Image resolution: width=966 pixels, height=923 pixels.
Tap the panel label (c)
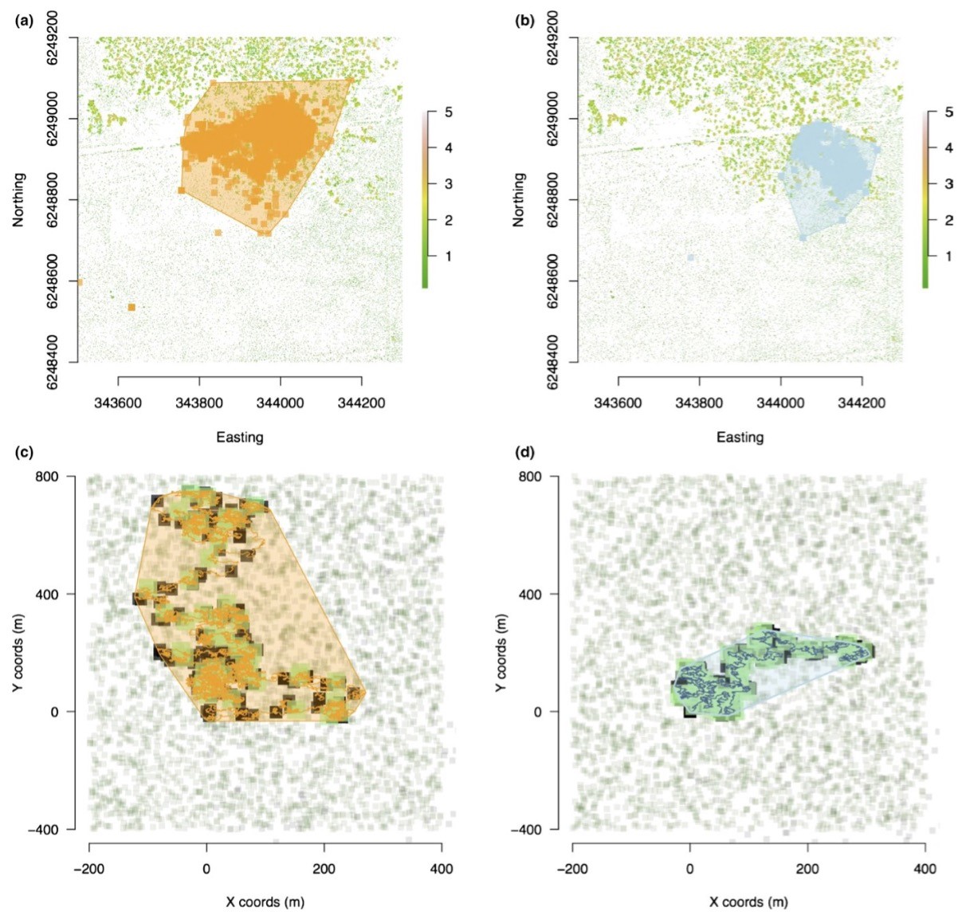point(24,454)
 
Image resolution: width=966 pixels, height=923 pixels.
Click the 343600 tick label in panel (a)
point(118,403)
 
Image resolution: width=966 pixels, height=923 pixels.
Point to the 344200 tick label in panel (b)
point(862,403)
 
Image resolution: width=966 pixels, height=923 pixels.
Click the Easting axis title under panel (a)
point(239,437)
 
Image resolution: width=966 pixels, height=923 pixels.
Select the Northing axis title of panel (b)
point(519,199)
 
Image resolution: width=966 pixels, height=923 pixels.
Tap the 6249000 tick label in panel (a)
point(62,119)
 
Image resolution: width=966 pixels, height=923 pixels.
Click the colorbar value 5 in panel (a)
point(449,112)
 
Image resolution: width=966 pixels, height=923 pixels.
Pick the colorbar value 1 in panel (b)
point(948,256)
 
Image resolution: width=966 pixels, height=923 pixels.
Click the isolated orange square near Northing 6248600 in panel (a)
point(131,307)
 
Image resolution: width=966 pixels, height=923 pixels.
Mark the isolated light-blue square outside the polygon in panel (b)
point(691,257)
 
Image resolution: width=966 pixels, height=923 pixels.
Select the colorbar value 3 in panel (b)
point(948,184)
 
